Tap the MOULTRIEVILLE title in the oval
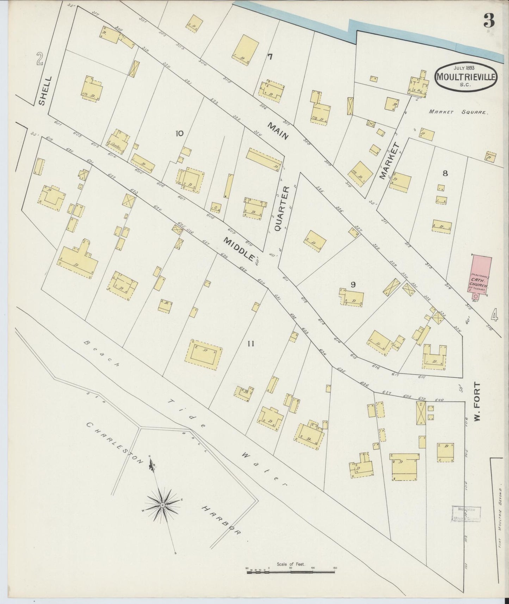tap(466, 76)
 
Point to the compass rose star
tap(162, 505)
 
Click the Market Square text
tap(458, 112)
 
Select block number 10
tap(179, 133)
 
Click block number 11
tap(250, 344)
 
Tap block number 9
tap(353, 284)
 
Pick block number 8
tap(445, 173)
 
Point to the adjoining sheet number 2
tap(39, 59)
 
